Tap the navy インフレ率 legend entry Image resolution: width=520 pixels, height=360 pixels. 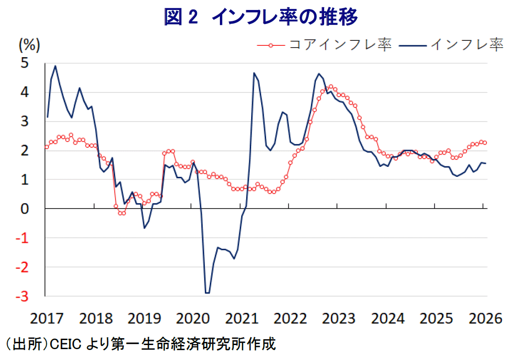point(467,44)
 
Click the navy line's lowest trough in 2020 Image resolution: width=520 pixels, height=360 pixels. point(207,293)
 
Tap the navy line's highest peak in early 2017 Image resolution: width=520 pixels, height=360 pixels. point(55,66)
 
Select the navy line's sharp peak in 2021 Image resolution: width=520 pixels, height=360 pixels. point(254,73)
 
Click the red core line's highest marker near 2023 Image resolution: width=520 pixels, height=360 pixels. point(331,86)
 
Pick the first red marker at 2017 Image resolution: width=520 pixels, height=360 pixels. point(47,147)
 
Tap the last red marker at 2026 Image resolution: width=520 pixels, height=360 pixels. point(485,143)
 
